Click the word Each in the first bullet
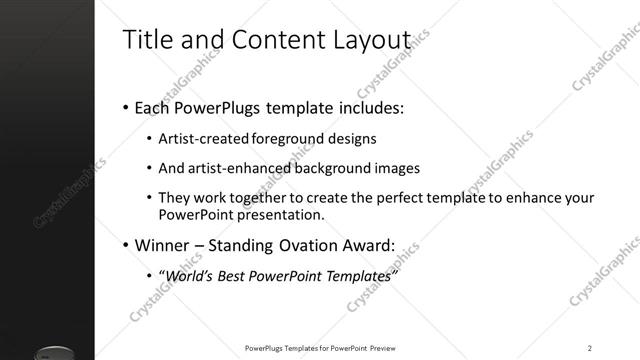[x=154, y=107]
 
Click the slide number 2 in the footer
[x=590, y=347]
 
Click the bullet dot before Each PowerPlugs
[x=125, y=108]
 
